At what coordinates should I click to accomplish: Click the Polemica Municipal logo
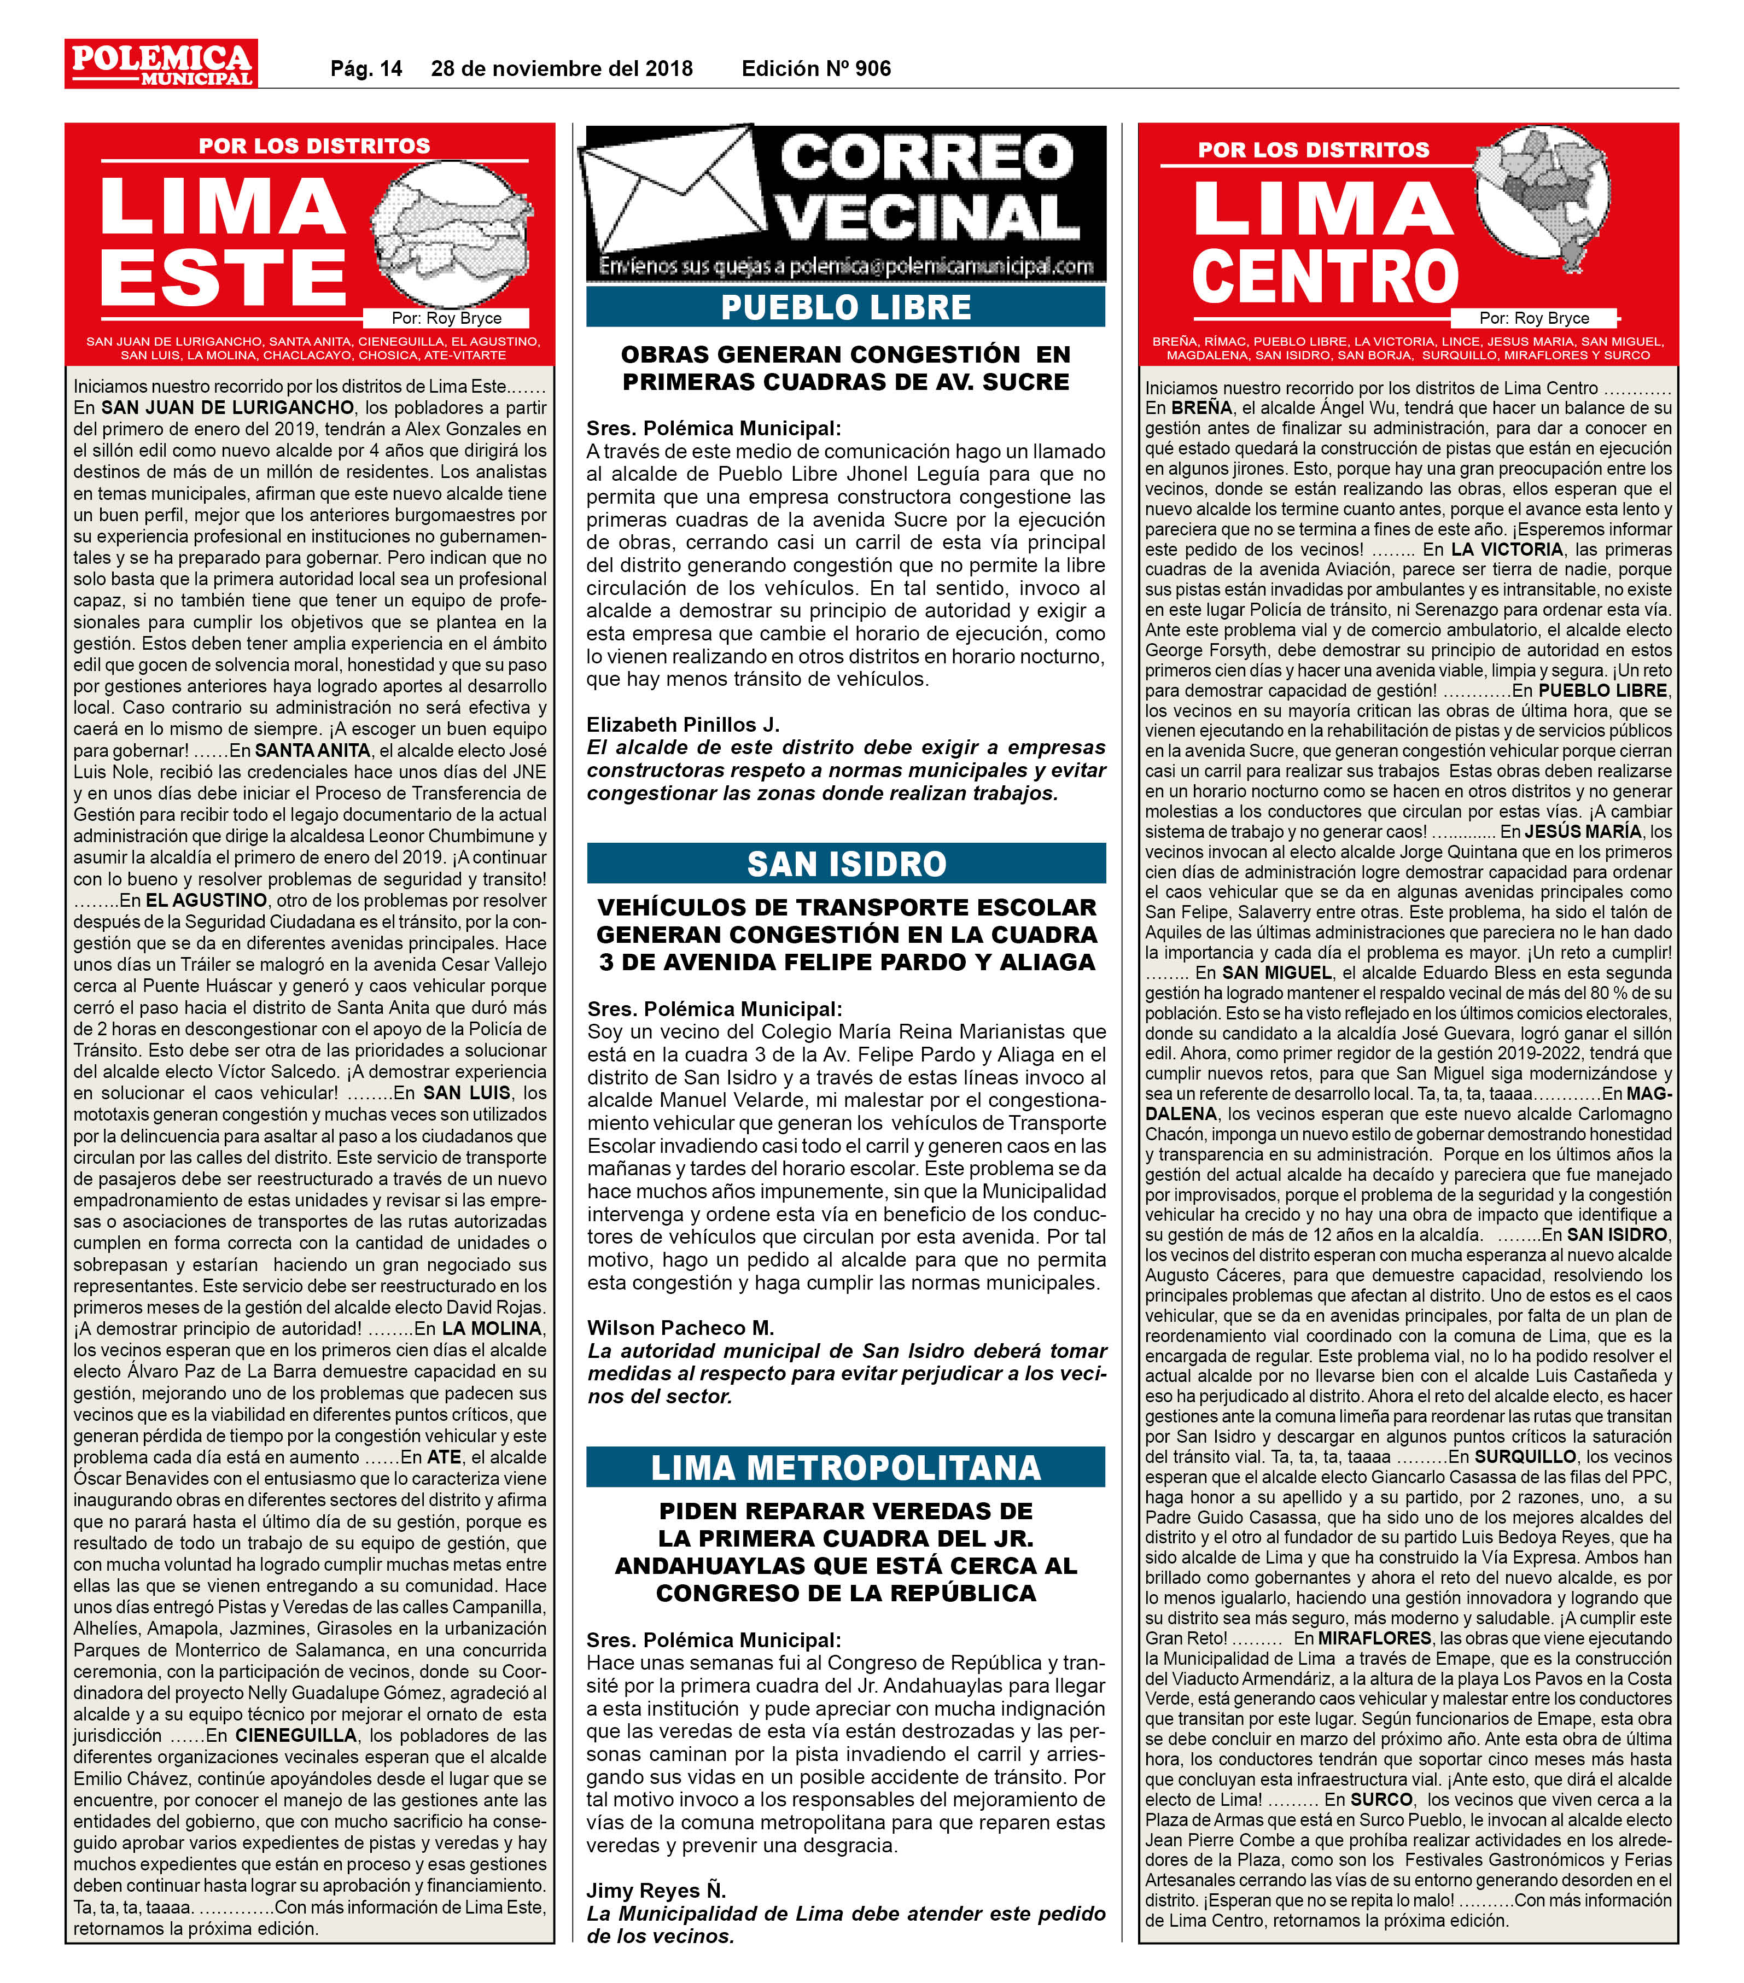pyautogui.click(x=161, y=64)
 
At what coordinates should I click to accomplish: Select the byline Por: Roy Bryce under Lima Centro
pyautogui.click(x=1533, y=318)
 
